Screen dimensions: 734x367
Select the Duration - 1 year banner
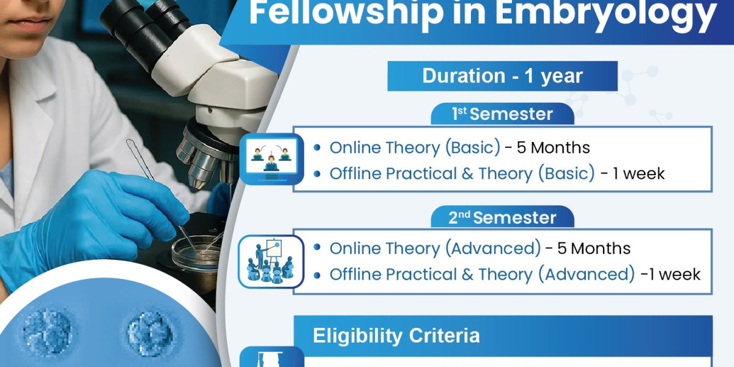502,76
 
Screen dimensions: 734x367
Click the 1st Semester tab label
502,114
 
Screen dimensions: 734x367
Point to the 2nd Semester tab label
502,218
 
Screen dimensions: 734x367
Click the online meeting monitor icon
272,159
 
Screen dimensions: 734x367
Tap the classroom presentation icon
271,262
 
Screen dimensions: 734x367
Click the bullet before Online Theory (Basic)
317,147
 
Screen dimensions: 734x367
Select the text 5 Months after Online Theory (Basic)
553,147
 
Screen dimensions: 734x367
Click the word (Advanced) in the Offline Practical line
587,274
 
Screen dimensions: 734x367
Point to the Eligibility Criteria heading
396,336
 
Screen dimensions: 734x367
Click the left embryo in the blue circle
48,332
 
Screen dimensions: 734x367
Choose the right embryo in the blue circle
150,333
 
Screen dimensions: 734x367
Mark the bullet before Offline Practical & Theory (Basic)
317,174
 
